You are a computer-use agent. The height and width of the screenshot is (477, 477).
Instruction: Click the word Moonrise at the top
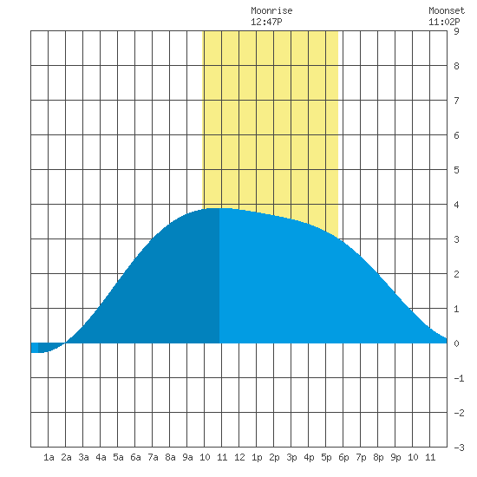pyautogui.click(x=271, y=10)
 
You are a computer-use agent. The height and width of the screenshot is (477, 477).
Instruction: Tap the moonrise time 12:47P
pyautogui.click(x=266, y=22)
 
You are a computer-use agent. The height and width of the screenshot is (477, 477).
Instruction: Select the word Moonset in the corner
pyautogui.click(x=447, y=10)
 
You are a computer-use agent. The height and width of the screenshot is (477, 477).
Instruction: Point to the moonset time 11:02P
pyautogui.click(x=444, y=22)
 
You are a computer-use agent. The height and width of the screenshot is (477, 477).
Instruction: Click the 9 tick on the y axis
pyautogui.click(x=456, y=31)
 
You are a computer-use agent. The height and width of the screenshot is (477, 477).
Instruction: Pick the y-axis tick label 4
pyautogui.click(x=456, y=205)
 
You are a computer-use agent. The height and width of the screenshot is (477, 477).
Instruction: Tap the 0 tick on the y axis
pyautogui.click(x=456, y=343)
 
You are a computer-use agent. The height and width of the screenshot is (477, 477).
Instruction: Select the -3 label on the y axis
pyautogui.click(x=459, y=448)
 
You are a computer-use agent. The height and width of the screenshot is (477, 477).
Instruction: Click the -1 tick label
pyautogui.click(x=459, y=378)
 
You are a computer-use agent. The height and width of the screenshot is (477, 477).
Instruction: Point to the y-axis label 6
pyautogui.click(x=456, y=135)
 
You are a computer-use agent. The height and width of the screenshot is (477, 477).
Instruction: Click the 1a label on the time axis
pyautogui.click(x=49, y=457)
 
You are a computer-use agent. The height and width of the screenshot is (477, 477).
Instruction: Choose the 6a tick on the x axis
pyautogui.click(x=135, y=457)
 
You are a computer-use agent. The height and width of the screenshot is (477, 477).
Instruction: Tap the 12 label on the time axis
pyautogui.click(x=239, y=457)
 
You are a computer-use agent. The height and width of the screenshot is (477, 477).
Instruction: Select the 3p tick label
pyautogui.click(x=291, y=457)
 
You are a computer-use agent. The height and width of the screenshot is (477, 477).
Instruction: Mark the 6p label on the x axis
pyautogui.click(x=343, y=457)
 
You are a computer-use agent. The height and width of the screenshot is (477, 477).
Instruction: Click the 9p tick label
pyautogui.click(x=395, y=457)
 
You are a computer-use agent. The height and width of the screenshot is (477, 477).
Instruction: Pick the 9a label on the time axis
pyautogui.click(x=187, y=457)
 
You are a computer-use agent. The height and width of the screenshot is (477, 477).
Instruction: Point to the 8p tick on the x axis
pyautogui.click(x=378, y=457)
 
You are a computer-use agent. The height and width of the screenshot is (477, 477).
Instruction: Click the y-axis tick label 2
pyautogui.click(x=456, y=274)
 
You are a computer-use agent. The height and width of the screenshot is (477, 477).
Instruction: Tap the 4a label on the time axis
pyautogui.click(x=101, y=457)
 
